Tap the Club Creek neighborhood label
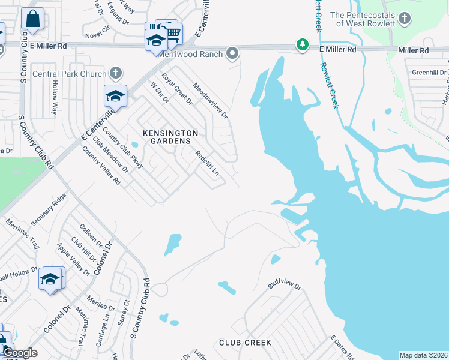tap(244, 343)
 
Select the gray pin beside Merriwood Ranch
tap(233, 55)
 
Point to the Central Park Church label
tap(74, 74)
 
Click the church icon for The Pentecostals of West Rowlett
tap(406, 19)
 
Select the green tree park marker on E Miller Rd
tap(303, 45)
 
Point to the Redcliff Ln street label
tap(208, 163)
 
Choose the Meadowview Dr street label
tap(211, 100)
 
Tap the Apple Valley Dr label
tap(73, 259)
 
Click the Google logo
tap(20, 353)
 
